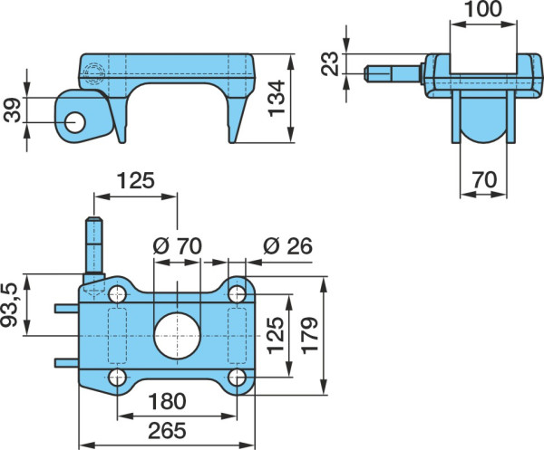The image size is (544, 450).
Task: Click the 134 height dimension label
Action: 277,99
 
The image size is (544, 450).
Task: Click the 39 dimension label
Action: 13,110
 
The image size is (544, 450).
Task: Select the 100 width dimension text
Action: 483,9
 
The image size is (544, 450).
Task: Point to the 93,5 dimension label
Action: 9,305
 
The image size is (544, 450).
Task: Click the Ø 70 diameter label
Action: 178,246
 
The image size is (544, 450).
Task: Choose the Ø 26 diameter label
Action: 287,246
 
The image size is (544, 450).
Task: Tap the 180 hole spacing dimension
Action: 167,401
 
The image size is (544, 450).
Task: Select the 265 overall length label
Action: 167,431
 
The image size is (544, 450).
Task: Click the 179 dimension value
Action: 309,335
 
